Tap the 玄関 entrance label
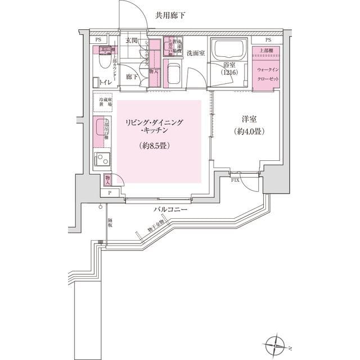(132, 40)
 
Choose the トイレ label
(105, 83)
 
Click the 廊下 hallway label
(131, 76)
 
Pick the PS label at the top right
(268, 40)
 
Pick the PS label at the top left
(98, 40)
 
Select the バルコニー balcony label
(173, 210)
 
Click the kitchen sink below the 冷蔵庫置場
(101, 129)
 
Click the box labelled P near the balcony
(109, 193)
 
